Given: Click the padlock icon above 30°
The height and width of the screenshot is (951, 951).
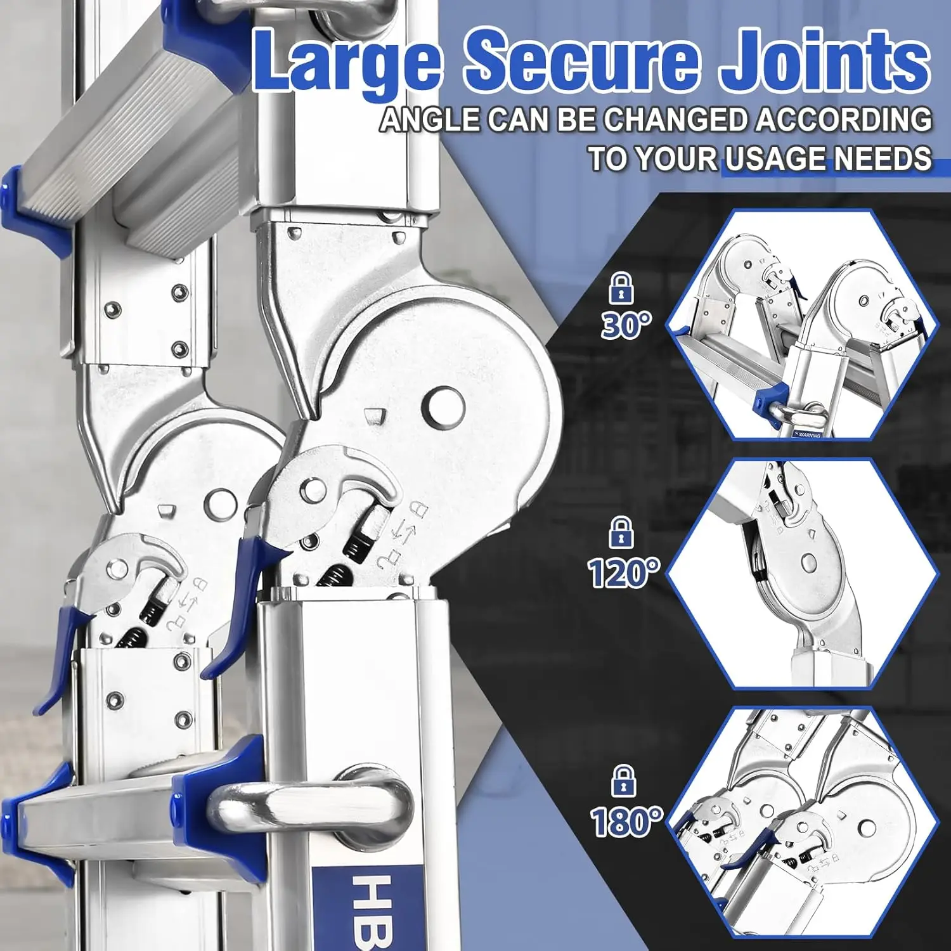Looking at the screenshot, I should coord(621,288).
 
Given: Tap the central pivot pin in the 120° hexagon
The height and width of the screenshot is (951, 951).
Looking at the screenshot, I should coord(808,562).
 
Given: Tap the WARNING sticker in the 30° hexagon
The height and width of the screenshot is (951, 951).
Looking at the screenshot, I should coord(807,435).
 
